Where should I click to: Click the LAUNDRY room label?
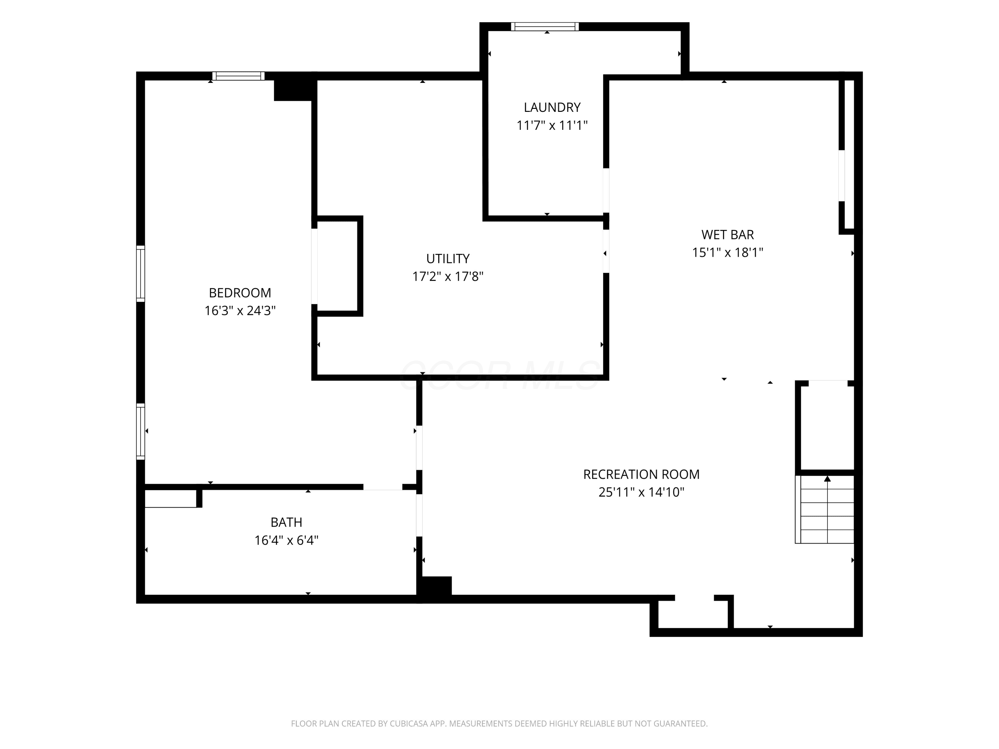[552, 108]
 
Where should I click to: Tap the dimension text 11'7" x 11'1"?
[552, 125]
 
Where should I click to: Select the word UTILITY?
[448, 259]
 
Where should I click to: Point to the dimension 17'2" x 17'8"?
[448, 276]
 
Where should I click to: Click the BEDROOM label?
[240, 293]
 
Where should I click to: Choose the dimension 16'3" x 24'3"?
[240, 311]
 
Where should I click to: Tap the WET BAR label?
[728, 235]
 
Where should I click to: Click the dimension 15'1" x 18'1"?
[728, 252]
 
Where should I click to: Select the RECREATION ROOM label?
[641, 474]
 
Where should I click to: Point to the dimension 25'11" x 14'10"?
[641, 492]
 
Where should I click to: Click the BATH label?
[286, 522]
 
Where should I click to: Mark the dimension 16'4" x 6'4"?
[286, 540]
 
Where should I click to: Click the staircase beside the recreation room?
[825, 509]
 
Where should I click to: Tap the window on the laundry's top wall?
[545, 27]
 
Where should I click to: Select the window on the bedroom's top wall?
[238, 76]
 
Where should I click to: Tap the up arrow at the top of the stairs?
[828, 479]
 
